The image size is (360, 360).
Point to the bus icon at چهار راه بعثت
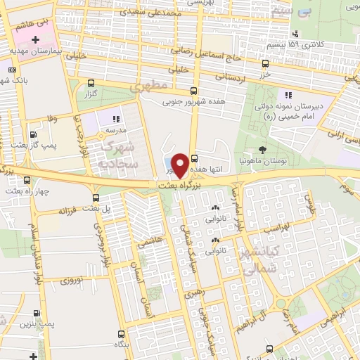click(11, 177)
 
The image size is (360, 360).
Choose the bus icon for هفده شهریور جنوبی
click(194, 91)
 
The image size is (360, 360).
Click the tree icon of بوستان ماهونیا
click(262, 149)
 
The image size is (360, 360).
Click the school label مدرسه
click(116, 130)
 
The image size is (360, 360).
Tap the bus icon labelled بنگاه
click(122, 335)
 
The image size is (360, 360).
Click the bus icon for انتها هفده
click(194, 158)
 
